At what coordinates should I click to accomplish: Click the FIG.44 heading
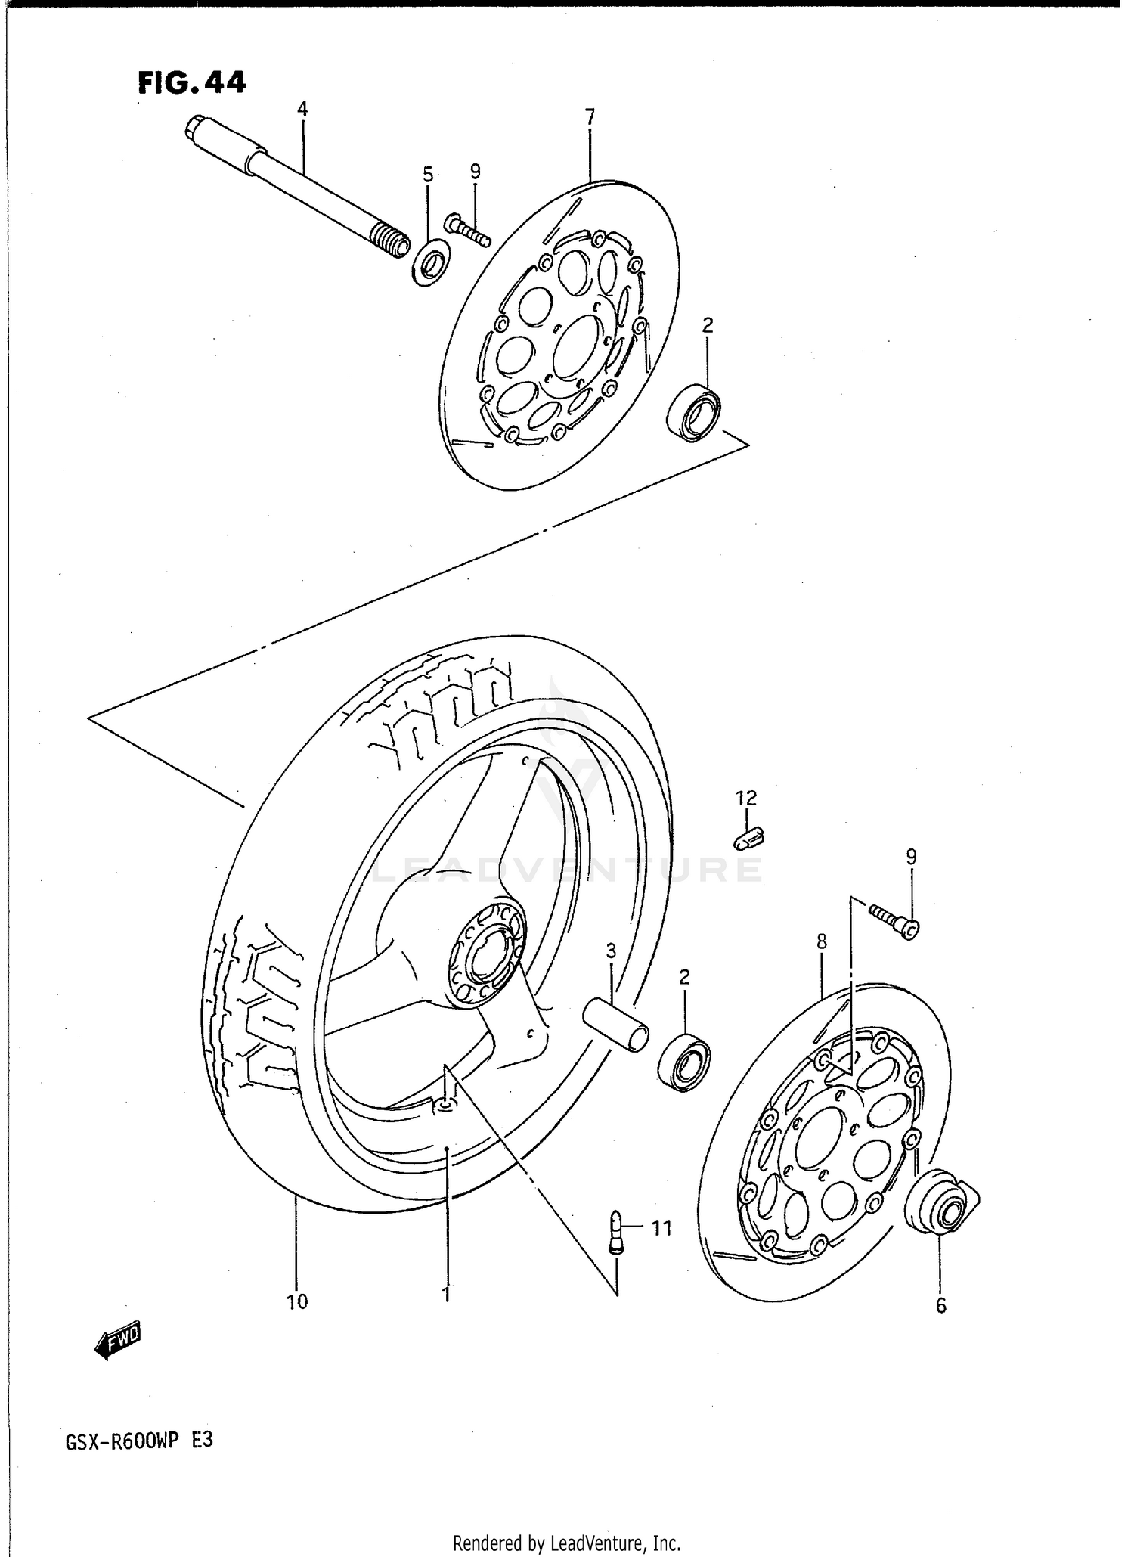[x=192, y=82]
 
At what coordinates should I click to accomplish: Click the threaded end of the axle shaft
[x=392, y=243]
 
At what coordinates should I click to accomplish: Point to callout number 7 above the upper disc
[x=590, y=117]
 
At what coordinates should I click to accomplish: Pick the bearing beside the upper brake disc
[x=695, y=412]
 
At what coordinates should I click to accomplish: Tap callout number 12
[x=745, y=798]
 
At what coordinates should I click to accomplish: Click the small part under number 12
[x=749, y=836]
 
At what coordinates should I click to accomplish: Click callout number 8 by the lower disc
[x=822, y=942]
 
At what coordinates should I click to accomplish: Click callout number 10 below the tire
[x=297, y=1301]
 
